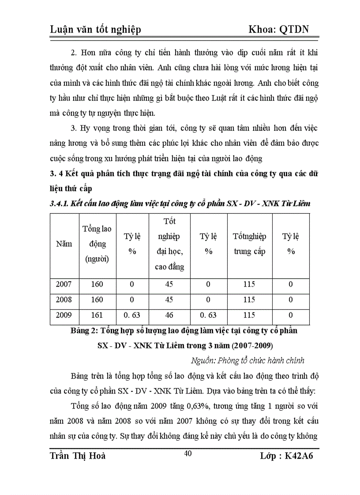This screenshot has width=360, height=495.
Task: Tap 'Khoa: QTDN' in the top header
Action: [x=278, y=29]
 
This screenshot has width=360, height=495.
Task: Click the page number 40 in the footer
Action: [x=188, y=454]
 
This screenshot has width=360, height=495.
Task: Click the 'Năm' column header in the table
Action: [x=64, y=244]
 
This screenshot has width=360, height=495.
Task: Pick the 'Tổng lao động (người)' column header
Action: [x=97, y=244]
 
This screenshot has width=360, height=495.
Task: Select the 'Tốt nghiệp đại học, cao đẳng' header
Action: [x=169, y=244]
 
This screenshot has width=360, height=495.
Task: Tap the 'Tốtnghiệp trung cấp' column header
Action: [x=249, y=244]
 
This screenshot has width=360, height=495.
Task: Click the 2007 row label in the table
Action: [x=64, y=284]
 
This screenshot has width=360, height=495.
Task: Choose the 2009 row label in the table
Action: [x=64, y=315]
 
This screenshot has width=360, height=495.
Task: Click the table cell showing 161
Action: [x=97, y=315]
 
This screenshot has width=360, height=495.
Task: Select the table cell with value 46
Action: [x=169, y=315]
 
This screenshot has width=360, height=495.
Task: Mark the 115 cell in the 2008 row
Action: [x=249, y=300]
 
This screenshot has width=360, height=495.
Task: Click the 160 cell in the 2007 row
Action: [x=97, y=284]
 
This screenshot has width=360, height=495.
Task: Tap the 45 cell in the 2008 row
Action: [x=169, y=300]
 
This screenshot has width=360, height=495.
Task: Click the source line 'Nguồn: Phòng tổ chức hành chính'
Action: [x=247, y=361]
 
